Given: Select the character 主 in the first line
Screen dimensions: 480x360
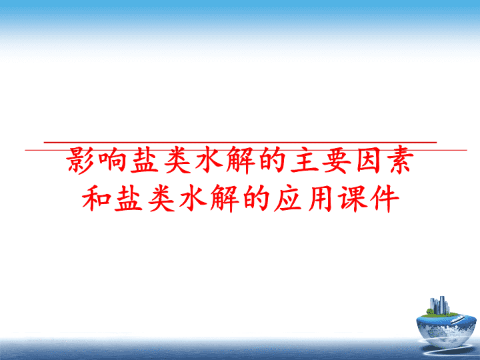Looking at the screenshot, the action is [304, 160].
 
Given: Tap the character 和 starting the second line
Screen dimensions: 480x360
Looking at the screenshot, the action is [97, 199].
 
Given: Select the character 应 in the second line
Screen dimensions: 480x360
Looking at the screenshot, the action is [288, 199].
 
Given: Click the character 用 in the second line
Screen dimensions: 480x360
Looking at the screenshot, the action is [319, 199].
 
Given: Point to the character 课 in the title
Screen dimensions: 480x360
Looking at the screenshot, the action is [352, 199].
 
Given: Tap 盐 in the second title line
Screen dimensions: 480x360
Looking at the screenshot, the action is [129, 199].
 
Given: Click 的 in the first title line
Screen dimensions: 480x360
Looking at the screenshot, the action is [272, 160].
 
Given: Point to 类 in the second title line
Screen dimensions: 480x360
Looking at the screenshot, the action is [161, 199].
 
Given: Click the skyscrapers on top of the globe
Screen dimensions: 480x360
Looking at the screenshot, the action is [439, 305].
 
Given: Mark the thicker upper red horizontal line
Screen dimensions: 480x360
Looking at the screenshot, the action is [240, 143].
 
